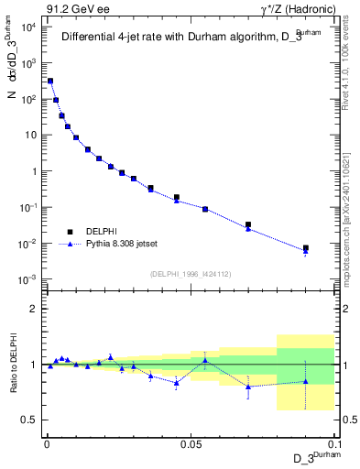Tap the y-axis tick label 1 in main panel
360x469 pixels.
[33, 171]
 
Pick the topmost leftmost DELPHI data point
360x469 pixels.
[50, 81]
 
